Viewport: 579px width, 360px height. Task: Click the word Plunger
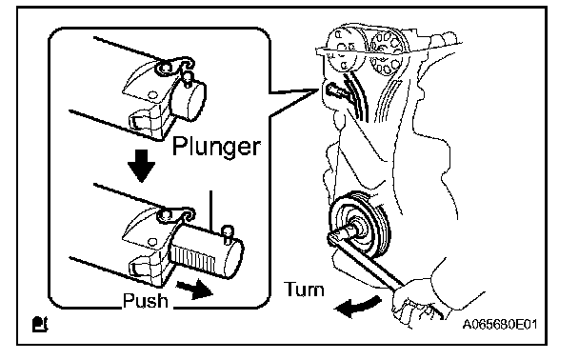tap(216, 148)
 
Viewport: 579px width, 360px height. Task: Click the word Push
tap(145, 301)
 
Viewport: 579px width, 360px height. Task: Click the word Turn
tap(305, 290)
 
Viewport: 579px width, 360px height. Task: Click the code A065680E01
tap(500, 325)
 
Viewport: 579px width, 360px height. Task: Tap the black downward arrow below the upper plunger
tap(141, 166)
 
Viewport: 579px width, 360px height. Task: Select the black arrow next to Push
tap(195, 290)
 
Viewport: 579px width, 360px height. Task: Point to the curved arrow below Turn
tap(357, 307)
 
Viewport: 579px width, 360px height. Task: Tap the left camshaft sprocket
tap(345, 51)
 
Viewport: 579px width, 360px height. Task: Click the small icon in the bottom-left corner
tap(40, 324)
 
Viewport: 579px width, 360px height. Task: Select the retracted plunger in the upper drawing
tap(189, 100)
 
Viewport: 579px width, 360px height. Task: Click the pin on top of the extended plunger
tap(227, 234)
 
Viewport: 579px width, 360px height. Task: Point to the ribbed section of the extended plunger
tap(192, 259)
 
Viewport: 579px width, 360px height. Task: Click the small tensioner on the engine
tap(335, 90)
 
